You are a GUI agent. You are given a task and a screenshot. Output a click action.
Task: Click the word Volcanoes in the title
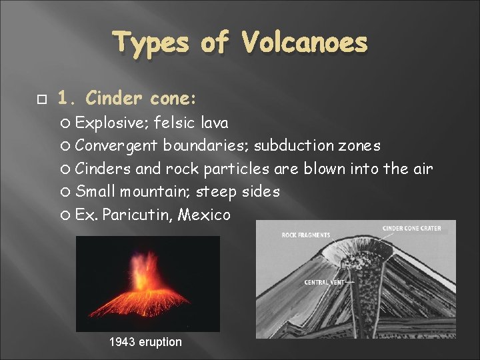(305, 43)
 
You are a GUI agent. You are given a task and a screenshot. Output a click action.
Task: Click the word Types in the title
(151, 43)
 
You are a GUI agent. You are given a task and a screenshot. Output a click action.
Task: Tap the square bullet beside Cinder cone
(41, 99)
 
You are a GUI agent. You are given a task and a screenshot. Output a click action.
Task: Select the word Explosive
(111, 123)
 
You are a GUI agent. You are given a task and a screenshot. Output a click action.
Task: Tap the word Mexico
(206, 215)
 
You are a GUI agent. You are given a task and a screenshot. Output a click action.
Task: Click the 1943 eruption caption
(145, 342)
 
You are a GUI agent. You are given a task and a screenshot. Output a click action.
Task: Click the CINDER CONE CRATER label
(411, 229)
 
